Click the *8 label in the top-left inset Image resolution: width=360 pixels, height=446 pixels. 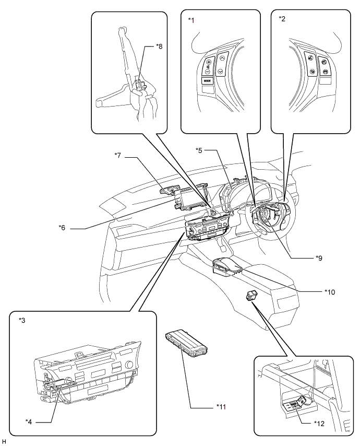pyautogui.click(x=160, y=46)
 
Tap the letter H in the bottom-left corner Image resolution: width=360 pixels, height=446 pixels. pyautogui.click(x=4, y=442)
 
